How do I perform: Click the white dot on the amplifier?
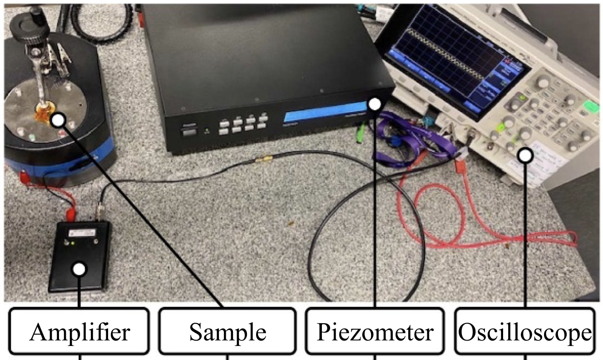[x=79, y=269]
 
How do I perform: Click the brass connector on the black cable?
[x=262, y=159]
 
